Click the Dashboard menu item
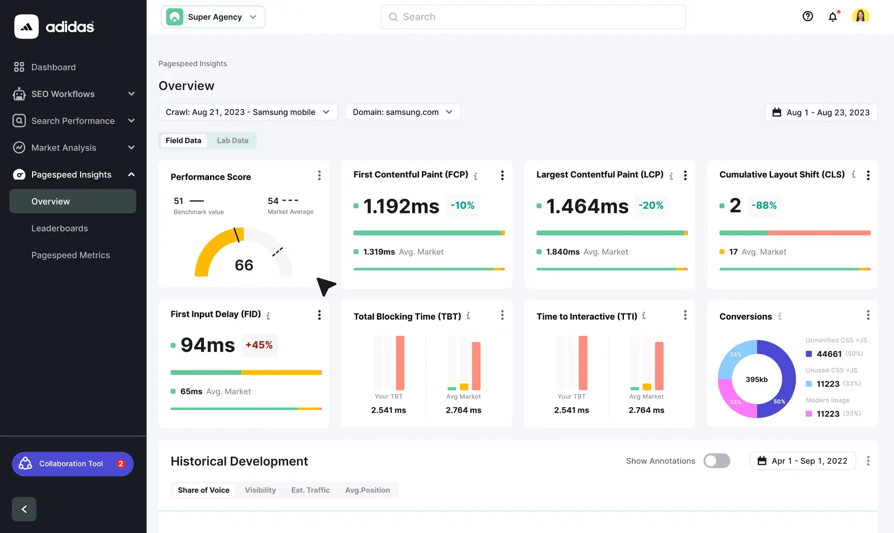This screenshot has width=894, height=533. click(53, 67)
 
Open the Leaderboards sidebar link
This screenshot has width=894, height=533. click(60, 228)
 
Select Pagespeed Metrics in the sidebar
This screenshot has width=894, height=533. click(70, 255)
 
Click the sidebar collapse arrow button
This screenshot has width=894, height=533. click(24, 509)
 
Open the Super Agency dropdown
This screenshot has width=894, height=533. click(213, 17)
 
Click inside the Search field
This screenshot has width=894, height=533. click(533, 17)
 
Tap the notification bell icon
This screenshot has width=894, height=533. click(833, 17)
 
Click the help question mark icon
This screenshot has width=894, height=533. click(807, 17)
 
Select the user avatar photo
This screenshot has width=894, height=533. click(860, 17)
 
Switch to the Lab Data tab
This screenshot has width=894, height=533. click(232, 141)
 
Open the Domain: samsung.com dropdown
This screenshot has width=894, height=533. click(403, 112)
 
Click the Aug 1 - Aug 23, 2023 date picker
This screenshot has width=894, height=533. click(821, 112)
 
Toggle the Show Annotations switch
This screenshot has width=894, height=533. click(717, 461)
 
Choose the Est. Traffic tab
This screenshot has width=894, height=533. click(310, 490)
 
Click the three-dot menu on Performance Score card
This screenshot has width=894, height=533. click(319, 176)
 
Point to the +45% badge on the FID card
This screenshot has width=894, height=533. click(259, 345)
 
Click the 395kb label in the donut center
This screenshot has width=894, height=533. click(757, 379)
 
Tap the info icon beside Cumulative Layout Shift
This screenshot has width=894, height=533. click(853, 175)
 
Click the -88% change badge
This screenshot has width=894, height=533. click(764, 205)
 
